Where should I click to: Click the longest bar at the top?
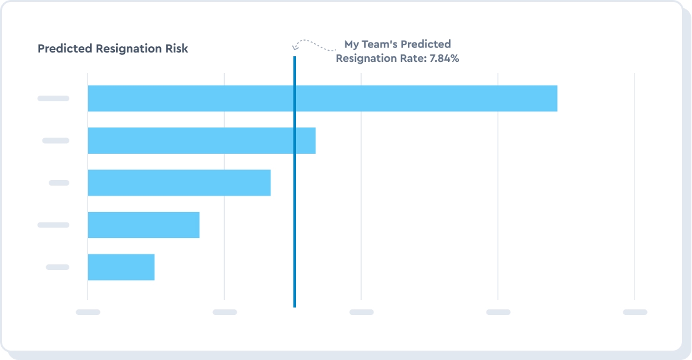point(322,98)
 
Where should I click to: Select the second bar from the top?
point(201,141)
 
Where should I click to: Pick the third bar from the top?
point(179,182)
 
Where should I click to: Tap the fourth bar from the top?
point(143,225)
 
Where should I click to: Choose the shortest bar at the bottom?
point(121,267)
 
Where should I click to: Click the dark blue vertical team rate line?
point(294,187)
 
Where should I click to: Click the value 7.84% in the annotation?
point(444,59)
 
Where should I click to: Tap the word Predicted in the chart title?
point(65,49)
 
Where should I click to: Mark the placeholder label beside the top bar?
point(53,98)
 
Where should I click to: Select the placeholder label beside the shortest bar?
point(57,267)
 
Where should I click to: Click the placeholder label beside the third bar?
point(59,182)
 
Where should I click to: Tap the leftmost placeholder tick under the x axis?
point(88,311)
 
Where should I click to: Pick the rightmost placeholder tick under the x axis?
point(635,311)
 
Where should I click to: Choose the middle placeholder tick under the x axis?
point(361,311)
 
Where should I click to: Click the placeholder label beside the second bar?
point(56,141)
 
